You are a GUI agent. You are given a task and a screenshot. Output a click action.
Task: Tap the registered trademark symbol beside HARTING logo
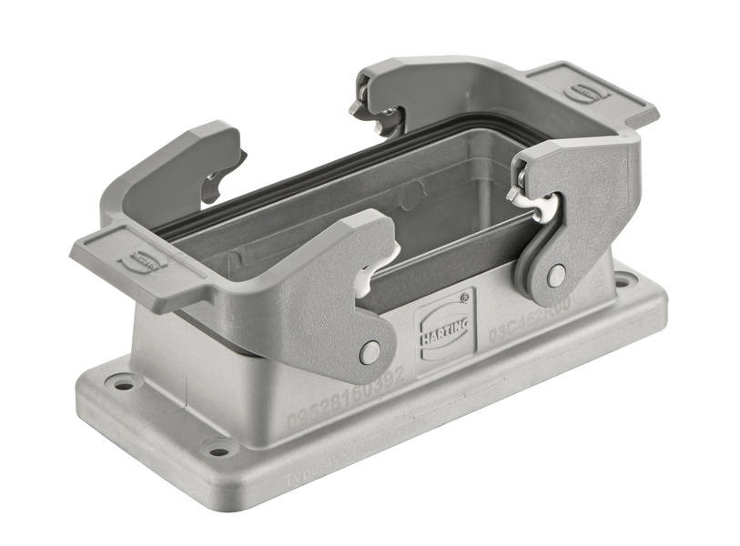[x=464, y=296]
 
